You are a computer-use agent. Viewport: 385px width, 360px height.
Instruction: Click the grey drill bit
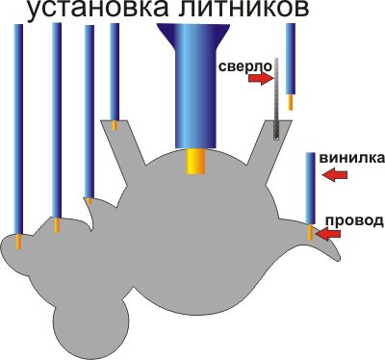click(274, 96)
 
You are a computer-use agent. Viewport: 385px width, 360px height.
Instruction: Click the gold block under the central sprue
click(196, 160)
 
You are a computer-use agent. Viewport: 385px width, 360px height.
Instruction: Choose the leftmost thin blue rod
click(18, 125)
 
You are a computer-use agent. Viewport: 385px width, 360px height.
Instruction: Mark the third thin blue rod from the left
click(89, 106)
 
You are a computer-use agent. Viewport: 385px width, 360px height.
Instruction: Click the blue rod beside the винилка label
click(311, 188)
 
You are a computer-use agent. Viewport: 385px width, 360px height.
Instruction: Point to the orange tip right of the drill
click(291, 101)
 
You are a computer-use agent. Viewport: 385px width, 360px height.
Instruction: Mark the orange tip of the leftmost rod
click(18, 242)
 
